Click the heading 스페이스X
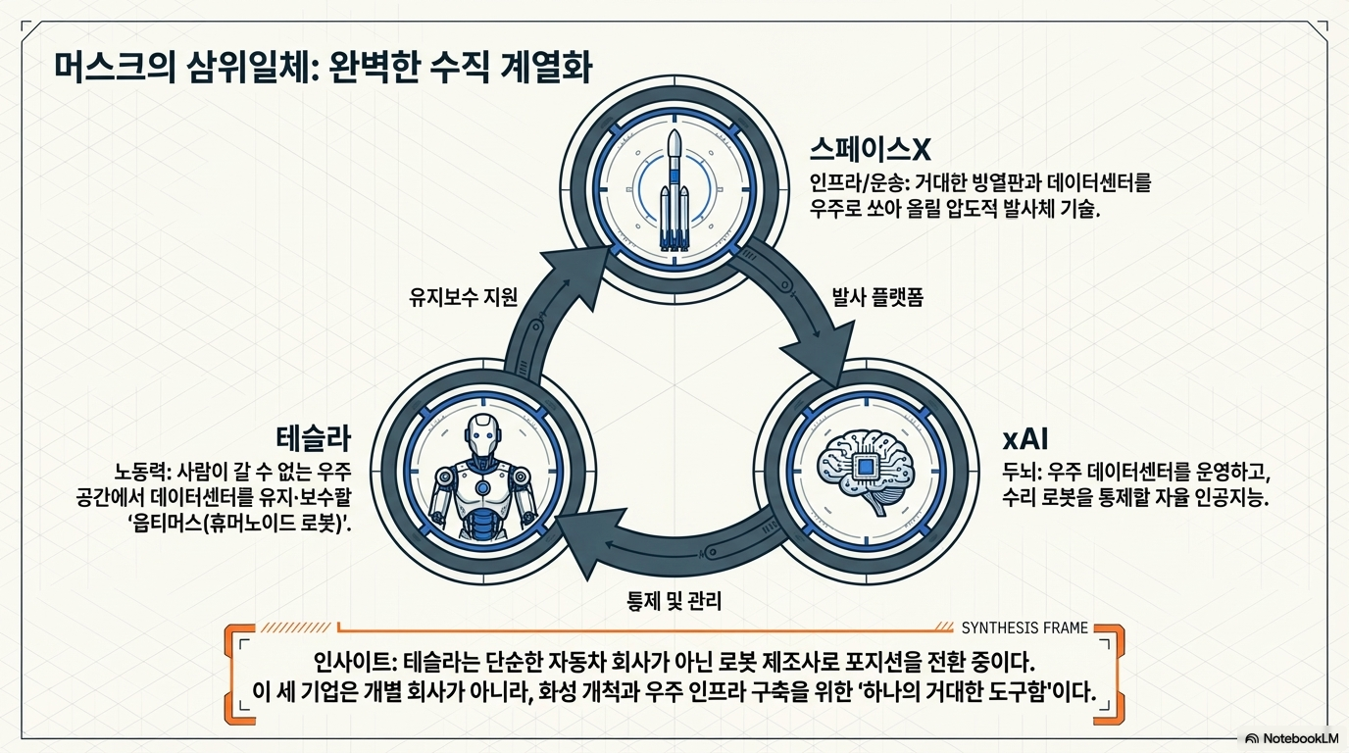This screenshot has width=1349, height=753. [869, 149]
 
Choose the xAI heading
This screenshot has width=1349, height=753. [1025, 436]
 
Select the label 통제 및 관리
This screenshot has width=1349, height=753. [674, 600]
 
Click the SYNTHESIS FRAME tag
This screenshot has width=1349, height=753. [1024, 627]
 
